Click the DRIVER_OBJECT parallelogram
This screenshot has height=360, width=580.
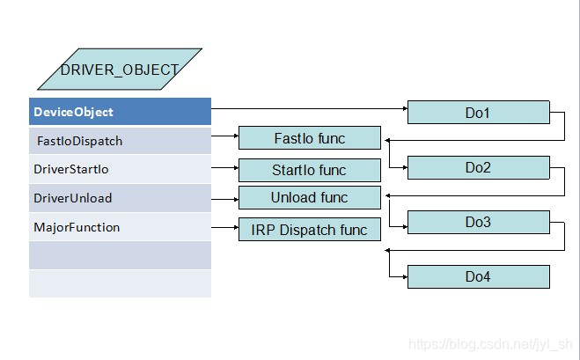[120, 69]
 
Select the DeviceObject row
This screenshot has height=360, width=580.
[120, 112]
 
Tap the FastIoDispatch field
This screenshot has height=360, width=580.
[120, 141]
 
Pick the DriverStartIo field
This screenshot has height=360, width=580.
[120, 169]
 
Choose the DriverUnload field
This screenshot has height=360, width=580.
[120, 198]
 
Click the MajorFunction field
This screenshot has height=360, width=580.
[120, 227]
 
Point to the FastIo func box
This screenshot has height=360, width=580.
[310, 138]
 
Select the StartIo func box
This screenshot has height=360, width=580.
[310, 170]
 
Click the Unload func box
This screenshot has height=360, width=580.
[310, 197]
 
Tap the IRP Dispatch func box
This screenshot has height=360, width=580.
[310, 230]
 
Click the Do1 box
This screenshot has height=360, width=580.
[478, 113]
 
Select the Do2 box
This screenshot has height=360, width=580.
[478, 167]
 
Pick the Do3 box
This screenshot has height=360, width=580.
[478, 222]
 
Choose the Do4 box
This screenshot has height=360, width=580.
[478, 276]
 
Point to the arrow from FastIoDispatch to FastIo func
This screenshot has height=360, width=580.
[224, 137]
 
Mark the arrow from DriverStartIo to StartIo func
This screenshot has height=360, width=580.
[224, 166]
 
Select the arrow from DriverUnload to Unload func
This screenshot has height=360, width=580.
[224, 195]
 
